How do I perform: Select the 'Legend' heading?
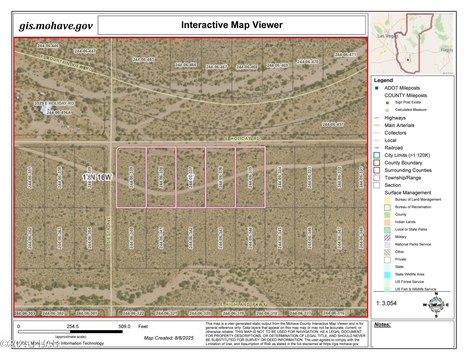coord(383,80)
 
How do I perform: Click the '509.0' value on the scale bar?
coord(124,325)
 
